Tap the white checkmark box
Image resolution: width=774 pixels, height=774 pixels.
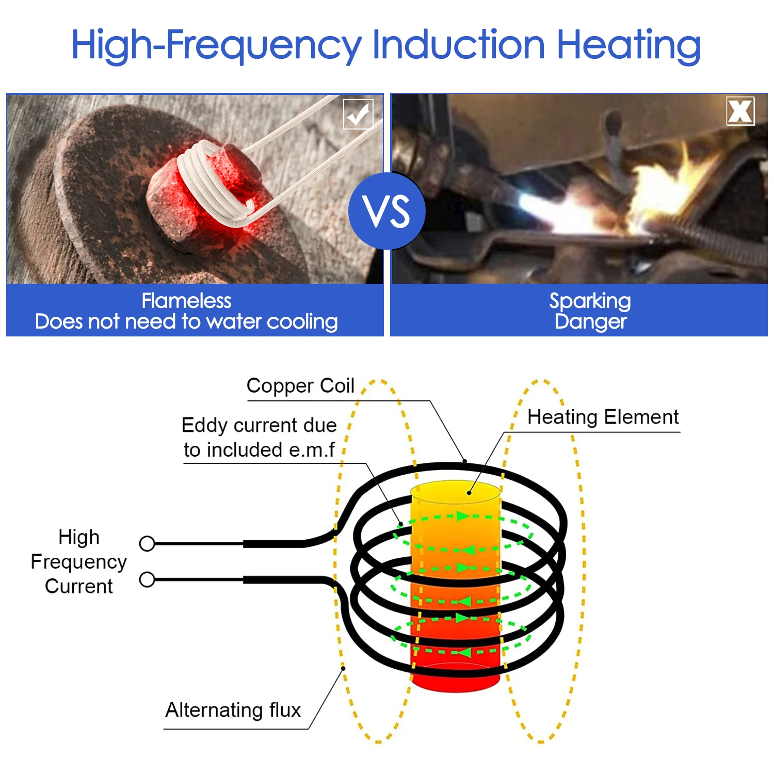pyautogui.click(x=358, y=114)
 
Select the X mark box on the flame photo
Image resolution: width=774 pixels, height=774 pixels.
pyautogui.click(x=740, y=111)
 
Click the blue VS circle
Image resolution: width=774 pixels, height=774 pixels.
pyautogui.click(x=387, y=211)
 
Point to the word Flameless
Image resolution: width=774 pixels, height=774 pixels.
pyautogui.click(x=187, y=300)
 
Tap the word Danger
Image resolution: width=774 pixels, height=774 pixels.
pyautogui.click(x=591, y=322)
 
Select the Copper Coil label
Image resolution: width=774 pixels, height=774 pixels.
pyautogui.click(x=300, y=386)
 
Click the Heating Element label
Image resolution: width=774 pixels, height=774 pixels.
pyautogui.click(x=603, y=417)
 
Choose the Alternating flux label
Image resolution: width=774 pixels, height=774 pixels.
pyautogui.click(x=233, y=710)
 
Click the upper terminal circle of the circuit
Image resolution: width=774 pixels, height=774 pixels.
pyautogui.click(x=147, y=543)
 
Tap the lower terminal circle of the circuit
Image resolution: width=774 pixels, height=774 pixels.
pyautogui.click(x=147, y=579)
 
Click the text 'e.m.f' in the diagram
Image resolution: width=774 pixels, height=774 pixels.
pyautogui.click(x=312, y=450)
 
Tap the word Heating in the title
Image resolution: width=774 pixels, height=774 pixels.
pyautogui.click(x=629, y=45)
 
